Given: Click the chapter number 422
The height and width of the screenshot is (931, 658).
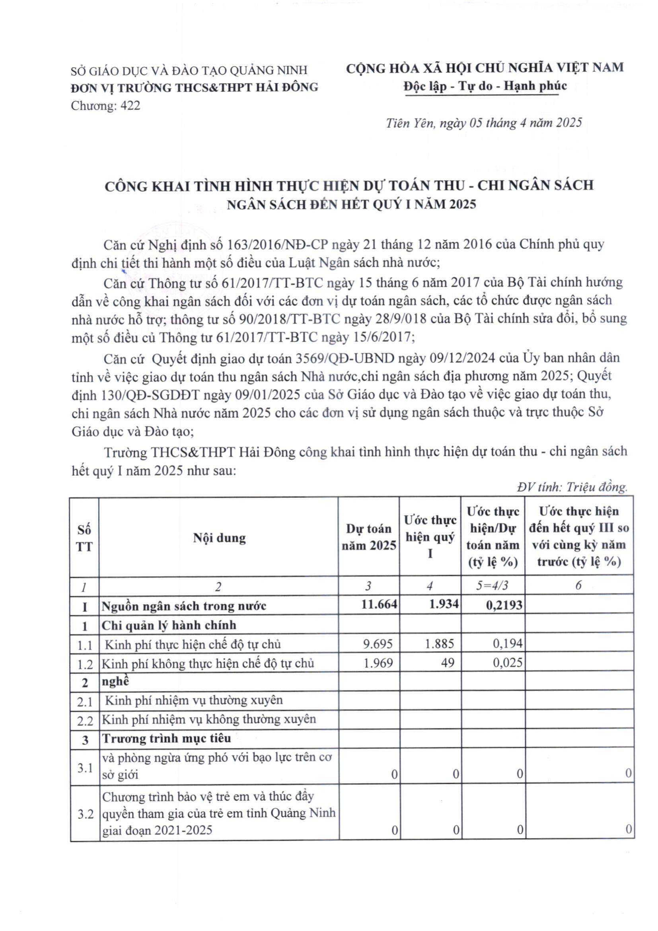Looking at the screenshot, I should coord(130,106).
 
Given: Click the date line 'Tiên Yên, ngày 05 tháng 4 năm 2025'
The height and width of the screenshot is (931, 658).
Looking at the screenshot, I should coord(484,123).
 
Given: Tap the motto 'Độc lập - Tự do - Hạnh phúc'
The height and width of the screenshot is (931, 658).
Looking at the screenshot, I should coord(485,86).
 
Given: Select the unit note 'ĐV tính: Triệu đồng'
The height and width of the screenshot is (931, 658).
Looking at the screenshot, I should coord(572,487).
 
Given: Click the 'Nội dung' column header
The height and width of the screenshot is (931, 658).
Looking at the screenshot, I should coord(219,538).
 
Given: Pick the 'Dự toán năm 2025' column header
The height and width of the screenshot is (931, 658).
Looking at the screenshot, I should coord(369,537).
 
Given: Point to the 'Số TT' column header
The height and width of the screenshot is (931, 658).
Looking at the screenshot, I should coord(84,538).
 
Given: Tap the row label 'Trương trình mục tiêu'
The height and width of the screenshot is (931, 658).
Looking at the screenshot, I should coord(166,738).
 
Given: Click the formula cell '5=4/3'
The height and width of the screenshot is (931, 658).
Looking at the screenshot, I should coord(493,585).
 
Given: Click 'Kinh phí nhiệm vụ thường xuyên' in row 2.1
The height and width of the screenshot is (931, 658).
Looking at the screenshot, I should coord(194,700).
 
